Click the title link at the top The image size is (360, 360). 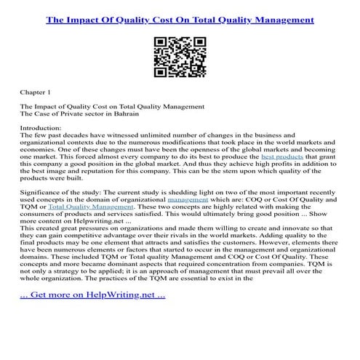click(x=180, y=20)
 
